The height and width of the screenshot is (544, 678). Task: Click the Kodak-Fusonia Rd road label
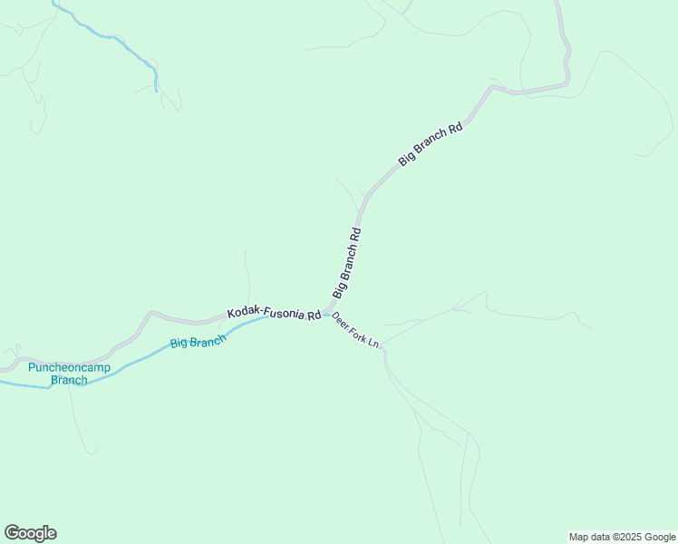coord(274,314)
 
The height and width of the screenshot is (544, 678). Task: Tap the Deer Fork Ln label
coord(355,332)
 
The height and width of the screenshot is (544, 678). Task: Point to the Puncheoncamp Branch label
coord(69,374)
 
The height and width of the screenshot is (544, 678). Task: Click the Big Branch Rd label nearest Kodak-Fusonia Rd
coord(347,263)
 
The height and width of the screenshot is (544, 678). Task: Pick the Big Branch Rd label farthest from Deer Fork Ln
coord(431,143)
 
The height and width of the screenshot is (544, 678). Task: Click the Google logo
coord(30,533)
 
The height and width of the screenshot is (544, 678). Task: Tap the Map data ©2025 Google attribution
coord(623,537)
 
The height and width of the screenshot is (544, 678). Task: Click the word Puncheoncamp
coord(69,367)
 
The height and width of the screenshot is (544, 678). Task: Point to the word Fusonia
coord(284,314)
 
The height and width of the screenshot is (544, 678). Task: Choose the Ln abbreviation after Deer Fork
coord(373,345)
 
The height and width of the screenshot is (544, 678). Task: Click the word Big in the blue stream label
coord(179,345)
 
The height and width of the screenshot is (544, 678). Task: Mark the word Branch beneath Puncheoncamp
coord(69,380)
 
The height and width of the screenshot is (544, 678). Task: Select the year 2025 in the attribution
coord(632,537)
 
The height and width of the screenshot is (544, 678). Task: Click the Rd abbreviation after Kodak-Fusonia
coord(314,316)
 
